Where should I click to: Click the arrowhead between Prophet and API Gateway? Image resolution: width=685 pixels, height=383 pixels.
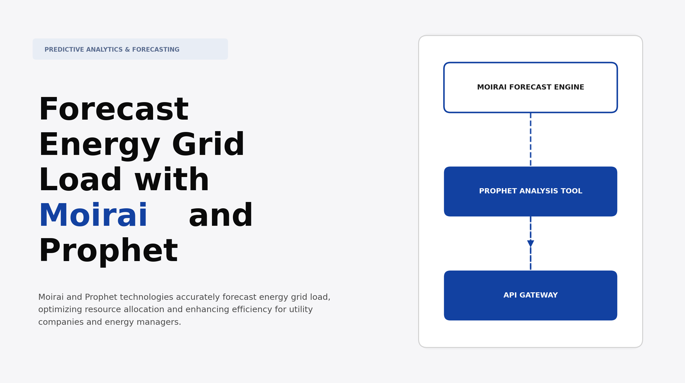pyautogui.click(x=530, y=244)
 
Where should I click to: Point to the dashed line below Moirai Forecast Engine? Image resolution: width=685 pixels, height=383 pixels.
pyautogui.click(x=530, y=139)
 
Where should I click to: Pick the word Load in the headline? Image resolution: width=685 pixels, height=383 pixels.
pyautogui.click(x=80, y=180)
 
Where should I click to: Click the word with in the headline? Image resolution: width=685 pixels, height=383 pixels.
pyautogui.click(x=172, y=180)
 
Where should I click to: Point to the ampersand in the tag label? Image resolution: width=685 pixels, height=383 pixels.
pyautogui.click(x=127, y=50)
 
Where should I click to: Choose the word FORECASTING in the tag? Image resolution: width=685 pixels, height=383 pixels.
pyautogui.click(x=156, y=50)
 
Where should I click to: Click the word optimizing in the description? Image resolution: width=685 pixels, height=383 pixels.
pyautogui.click(x=60, y=310)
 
